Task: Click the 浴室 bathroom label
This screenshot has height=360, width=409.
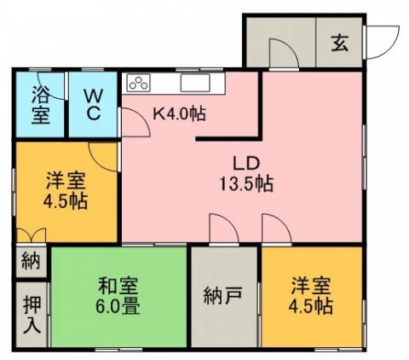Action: tap(40, 105)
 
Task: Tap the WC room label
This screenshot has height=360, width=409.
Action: tap(93, 106)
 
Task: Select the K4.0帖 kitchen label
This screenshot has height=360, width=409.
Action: tap(179, 114)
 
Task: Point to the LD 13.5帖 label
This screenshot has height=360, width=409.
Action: tap(246, 174)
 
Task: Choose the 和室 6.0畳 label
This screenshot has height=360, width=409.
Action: tap(118, 296)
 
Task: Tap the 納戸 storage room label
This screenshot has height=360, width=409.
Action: tap(223, 295)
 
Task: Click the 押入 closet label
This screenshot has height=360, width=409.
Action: tap(32, 315)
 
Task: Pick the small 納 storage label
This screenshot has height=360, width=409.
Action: tap(31, 261)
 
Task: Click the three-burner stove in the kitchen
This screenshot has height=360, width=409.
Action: tap(138, 83)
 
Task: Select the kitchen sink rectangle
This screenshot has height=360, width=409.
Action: tap(195, 83)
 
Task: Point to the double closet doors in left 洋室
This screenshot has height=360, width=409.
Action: tap(32, 235)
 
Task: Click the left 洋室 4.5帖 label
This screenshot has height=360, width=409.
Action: tap(66, 190)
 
